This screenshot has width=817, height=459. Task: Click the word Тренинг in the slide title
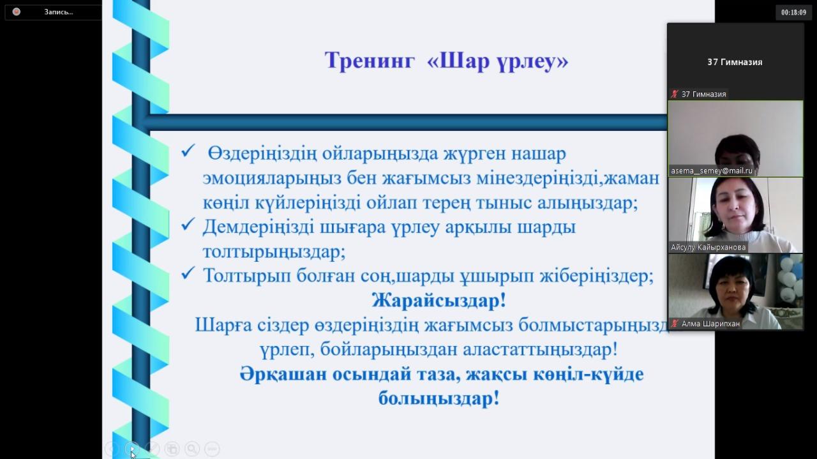(370, 61)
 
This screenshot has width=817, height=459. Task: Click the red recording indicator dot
(17, 11)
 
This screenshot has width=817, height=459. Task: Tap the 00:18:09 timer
(793, 12)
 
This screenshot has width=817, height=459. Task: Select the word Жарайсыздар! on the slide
(438, 301)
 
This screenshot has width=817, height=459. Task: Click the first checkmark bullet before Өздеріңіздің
(188, 150)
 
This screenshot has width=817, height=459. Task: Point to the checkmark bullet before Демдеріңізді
(188, 224)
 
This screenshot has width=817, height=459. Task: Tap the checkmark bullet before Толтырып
(188, 273)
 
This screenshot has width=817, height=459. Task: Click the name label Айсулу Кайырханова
(708, 248)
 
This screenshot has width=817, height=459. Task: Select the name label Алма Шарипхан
(710, 324)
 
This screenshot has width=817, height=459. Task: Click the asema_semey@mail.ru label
(712, 170)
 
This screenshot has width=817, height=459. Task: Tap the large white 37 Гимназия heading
(735, 63)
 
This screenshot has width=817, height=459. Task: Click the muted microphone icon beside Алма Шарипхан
(675, 324)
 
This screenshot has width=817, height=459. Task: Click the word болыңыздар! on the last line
(438, 398)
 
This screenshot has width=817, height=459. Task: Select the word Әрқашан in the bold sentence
(283, 374)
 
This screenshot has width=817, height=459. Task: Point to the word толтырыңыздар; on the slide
(274, 252)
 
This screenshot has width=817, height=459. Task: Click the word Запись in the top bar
(58, 12)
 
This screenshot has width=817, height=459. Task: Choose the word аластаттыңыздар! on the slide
(541, 350)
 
